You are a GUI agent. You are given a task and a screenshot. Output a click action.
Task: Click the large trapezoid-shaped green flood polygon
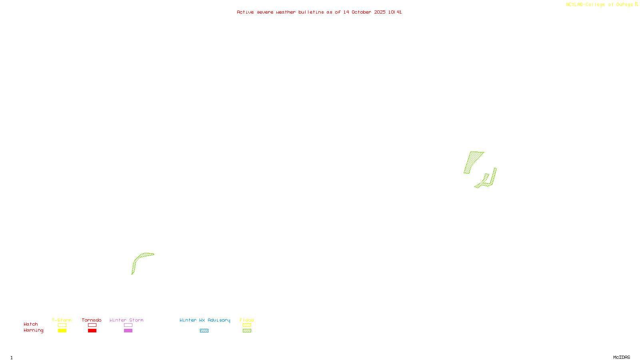pyautogui.click(x=473, y=161)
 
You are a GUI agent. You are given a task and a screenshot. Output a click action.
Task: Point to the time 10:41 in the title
pyautogui.click(x=395, y=12)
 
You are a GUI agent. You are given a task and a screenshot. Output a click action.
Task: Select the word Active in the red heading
pyautogui.click(x=245, y=12)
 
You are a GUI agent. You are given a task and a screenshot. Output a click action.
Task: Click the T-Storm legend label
pyautogui.click(x=62, y=320)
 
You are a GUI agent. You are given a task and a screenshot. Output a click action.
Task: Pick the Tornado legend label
pyautogui.click(x=92, y=320)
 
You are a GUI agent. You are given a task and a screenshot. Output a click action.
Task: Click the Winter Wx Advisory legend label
pyautogui.click(x=205, y=320)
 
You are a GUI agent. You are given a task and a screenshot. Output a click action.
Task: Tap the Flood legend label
pyautogui.click(x=247, y=320)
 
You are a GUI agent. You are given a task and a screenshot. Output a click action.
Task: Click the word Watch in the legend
pyautogui.click(x=31, y=324)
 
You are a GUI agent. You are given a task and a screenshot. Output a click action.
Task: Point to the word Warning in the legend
pyautogui.click(x=33, y=330)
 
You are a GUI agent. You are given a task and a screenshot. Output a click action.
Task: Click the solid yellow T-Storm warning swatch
pyautogui.click(x=62, y=331)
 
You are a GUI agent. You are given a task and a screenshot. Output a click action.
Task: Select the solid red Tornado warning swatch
pyautogui.click(x=92, y=331)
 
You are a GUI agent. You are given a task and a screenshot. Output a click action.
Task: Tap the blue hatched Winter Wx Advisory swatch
pyautogui.click(x=204, y=331)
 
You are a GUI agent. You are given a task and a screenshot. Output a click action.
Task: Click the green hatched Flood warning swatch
pyautogui.click(x=247, y=331)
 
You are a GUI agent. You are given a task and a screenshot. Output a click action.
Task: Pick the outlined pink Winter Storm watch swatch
pyautogui.click(x=128, y=325)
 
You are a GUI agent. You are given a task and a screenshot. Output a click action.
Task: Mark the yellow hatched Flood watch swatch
pyautogui.click(x=247, y=325)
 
